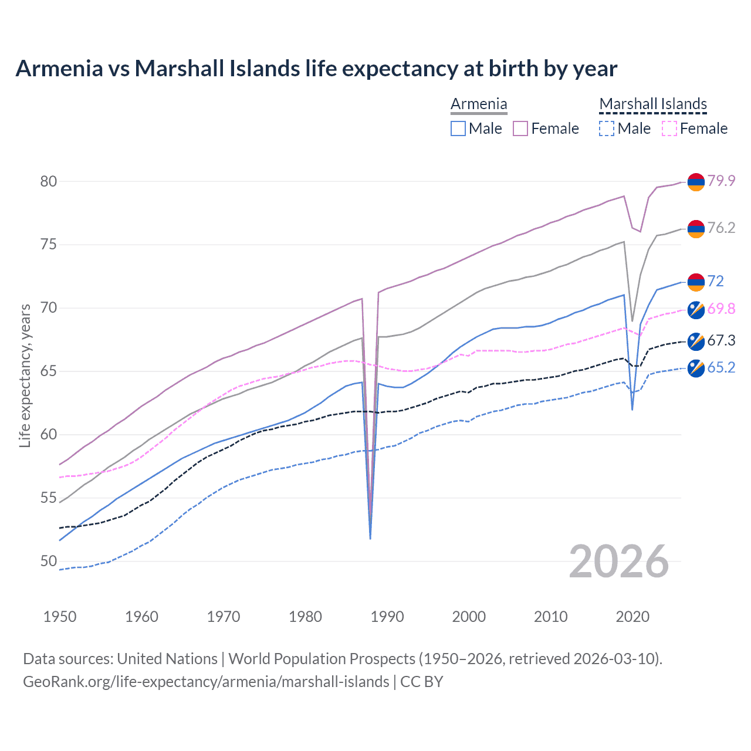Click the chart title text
pos(316,69)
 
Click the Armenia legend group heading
pos(479,104)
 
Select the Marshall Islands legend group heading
pos(653,104)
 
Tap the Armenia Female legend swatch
pos(520,128)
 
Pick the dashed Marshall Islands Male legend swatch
pos(607,128)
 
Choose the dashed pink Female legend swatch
pos(669,128)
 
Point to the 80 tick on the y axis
pos(49,181)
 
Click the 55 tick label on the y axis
pos(49,498)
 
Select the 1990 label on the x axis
pos(387,617)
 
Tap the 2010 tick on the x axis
pos(550,617)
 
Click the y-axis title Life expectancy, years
pos(25,375)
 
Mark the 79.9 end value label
pos(721,181)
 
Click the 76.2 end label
pos(721,228)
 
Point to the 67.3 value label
pos(721,340)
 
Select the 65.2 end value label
pos(721,367)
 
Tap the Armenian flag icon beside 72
pos(696,282)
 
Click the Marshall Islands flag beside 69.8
pos(696,310)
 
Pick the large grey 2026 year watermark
pos(619,561)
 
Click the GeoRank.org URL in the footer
pos(206,682)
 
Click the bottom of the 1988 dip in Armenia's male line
pos(370,538)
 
